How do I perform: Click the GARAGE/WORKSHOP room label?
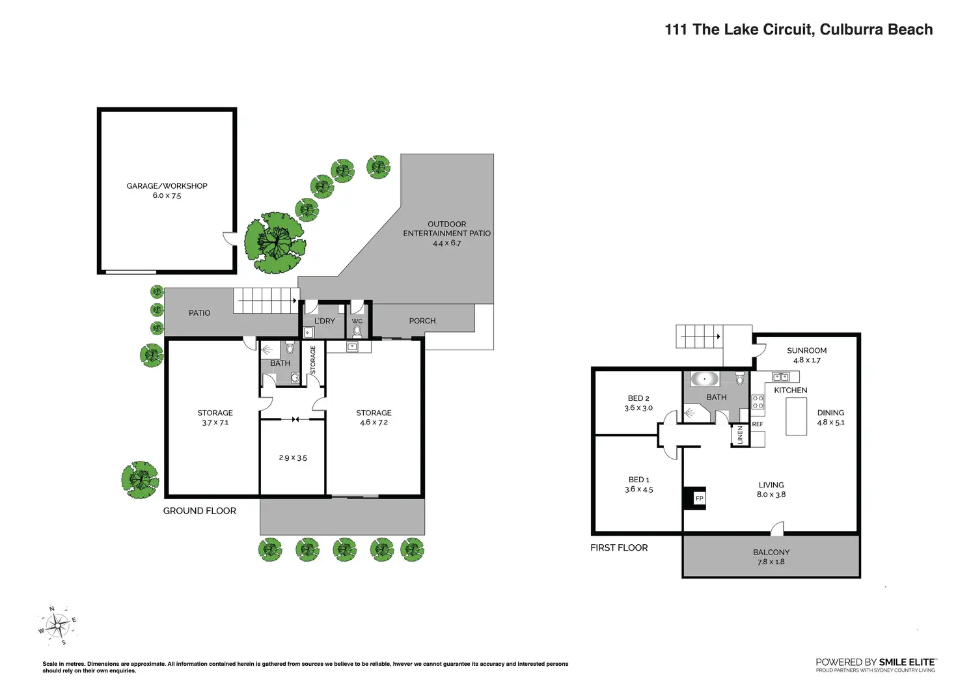point(167,186)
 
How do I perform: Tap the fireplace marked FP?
point(694,499)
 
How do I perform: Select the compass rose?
point(58,625)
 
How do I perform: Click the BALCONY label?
point(771,552)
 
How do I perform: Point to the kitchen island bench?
point(797,417)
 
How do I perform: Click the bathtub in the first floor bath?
point(704,379)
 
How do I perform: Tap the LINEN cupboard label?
point(741,435)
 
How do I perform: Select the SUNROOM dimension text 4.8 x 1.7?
point(806,360)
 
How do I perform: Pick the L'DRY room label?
point(325,321)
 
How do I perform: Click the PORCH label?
point(422,321)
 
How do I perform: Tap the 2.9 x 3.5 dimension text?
point(293,458)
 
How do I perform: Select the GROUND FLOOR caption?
point(199,511)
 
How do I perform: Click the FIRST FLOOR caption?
point(619,548)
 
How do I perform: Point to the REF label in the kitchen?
point(758,424)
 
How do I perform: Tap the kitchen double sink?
point(780,377)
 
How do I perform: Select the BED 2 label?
point(638,398)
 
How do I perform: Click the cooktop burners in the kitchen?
point(758,402)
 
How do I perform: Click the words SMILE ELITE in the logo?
point(907,663)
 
